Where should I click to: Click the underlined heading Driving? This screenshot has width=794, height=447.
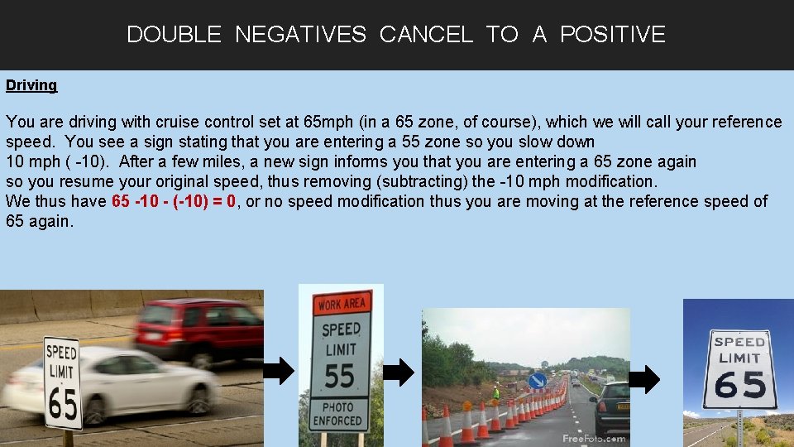tap(31, 85)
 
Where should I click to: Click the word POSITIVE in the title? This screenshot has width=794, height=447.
tap(612, 35)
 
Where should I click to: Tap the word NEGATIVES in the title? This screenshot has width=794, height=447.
tap(300, 35)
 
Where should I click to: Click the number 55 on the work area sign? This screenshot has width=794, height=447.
tap(340, 376)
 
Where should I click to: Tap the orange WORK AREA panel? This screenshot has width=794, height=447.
tap(341, 305)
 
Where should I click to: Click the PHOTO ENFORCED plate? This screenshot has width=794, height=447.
tap(338, 414)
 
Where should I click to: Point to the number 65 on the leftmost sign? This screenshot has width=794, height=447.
tap(63, 405)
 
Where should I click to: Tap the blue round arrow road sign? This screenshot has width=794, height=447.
tap(537, 380)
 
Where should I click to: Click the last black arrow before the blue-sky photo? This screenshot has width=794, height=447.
tap(645, 379)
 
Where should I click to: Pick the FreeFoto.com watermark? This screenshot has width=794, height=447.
tap(593, 438)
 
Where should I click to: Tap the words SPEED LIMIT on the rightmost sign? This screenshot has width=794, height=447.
tap(739, 349)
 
